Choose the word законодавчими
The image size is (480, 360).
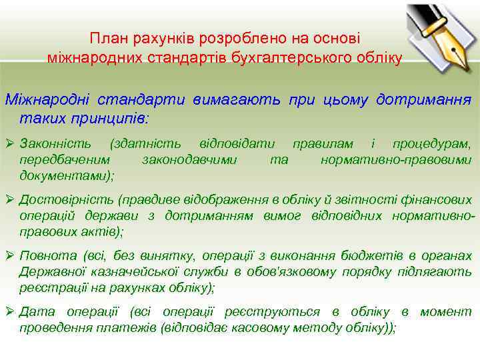pos(190,160)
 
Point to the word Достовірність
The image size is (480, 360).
pos(67,200)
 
